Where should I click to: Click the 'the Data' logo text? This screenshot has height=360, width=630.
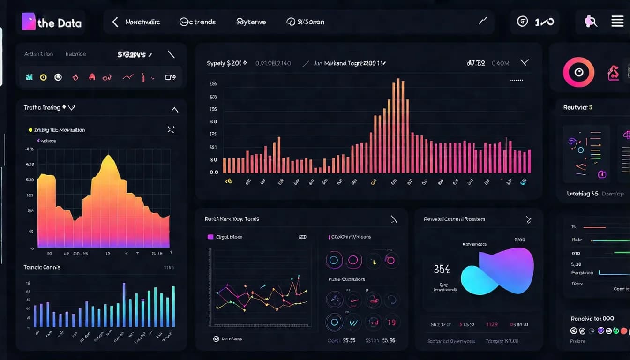pyautogui.click(x=59, y=23)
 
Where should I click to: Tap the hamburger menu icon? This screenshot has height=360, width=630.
pyautogui.click(x=617, y=21)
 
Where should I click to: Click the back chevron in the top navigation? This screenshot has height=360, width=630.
pyautogui.click(x=115, y=22)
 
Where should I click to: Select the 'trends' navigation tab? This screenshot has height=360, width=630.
pyautogui.click(x=198, y=22)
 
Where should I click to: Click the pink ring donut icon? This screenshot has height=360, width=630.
pyautogui.click(x=578, y=72)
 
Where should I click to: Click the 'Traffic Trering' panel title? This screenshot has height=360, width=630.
pyautogui.click(x=42, y=107)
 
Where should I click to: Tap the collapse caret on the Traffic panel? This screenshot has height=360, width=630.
pyautogui.click(x=175, y=110)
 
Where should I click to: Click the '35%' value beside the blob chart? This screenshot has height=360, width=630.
pyautogui.click(x=442, y=269)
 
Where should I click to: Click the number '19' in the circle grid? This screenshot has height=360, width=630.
pyautogui.click(x=391, y=322)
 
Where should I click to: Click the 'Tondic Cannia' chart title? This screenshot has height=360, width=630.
pyautogui.click(x=42, y=267)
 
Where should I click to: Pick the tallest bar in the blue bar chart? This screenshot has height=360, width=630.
pyautogui.click(x=124, y=305)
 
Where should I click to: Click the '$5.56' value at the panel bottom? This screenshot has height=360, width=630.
pyautogui.click(x=389, y=340)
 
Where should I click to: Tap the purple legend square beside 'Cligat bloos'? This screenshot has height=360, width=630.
pyautogui.click(x=210, y=237)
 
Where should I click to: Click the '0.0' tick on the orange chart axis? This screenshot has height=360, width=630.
pyautogui.click(x=214, y=172)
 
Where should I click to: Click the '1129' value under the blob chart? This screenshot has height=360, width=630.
pyautogui.click(x=491, y=324)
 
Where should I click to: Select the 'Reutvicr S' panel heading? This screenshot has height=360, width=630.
pyautogui.click(x=577, y=107)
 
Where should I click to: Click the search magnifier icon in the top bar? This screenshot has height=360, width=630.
pyautogui.click(x=590, y=21)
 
